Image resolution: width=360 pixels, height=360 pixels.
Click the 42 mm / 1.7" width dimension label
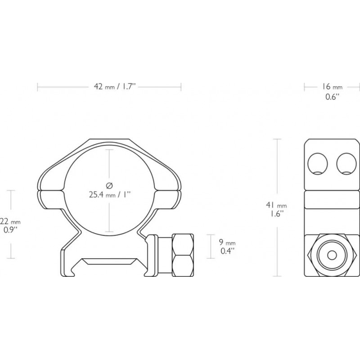point(109,86)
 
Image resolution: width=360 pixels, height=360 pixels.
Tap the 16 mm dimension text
point(332,86)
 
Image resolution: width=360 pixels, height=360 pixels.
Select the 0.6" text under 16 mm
point(332,97)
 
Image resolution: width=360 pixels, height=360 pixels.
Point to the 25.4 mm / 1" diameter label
point(109,195)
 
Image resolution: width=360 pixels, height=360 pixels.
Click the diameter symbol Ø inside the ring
point(109,185)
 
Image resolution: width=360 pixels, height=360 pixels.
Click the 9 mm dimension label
point(227,242)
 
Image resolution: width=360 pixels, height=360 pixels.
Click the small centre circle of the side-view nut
point(332,256)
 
